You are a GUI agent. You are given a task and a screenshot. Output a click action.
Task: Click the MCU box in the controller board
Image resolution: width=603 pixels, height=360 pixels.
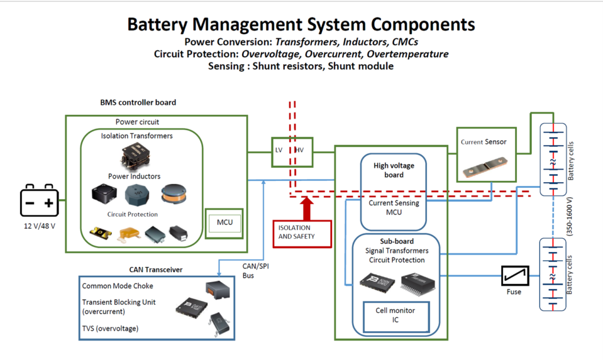click(x=224, y=223)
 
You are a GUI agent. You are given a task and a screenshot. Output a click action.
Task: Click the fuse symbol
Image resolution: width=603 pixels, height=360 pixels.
click(x=515, y=275)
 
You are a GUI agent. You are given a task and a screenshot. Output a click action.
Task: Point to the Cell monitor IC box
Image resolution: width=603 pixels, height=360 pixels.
click(x=395, y=315)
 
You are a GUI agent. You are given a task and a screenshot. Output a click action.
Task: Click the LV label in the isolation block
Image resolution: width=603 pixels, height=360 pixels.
click(x=279, y=151)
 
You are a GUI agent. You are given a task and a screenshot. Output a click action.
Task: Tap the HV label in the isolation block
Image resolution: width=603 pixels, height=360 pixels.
click(x=299, y=151)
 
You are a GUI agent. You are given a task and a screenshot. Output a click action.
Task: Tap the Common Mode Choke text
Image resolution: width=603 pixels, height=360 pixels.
click(x=117, y=286)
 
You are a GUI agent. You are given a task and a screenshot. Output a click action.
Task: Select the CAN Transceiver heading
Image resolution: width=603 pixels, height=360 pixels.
click(x=155, y=270)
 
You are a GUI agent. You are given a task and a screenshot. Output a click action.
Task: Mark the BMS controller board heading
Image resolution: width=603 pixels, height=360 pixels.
click(x=138, y=102)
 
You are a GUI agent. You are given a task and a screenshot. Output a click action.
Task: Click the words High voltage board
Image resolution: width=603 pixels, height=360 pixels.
click(x=394, y=170)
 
